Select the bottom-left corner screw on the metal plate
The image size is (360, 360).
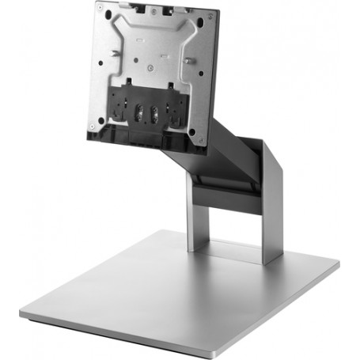coord(92,125)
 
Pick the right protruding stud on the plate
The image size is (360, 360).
coord(191,61)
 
